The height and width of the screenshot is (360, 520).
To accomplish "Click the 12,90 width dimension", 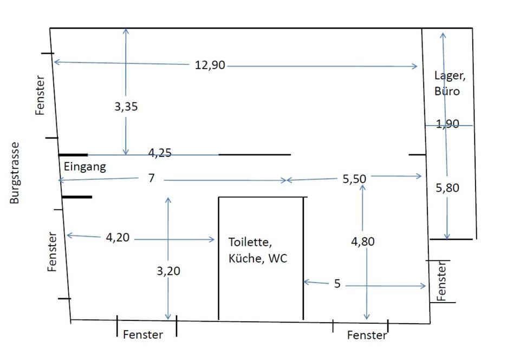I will click(210, 65).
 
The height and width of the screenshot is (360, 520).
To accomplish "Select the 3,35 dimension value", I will click(126, 107).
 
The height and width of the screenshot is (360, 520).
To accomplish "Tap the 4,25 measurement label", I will click(160, 153).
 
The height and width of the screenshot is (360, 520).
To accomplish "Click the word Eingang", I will click(85, 167).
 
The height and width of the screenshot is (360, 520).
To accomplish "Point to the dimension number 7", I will click(151, 178).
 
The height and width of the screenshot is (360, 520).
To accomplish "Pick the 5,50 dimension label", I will click(354, 178).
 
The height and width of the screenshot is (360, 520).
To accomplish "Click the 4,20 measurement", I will click(118, 237).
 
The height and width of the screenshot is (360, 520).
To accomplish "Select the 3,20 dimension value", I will click(168, 271).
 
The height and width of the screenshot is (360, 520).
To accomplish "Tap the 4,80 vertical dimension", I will click(362, 241).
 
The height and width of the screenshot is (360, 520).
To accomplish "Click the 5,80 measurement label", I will click(447, 188).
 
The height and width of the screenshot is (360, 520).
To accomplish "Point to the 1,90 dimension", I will click(447, 124).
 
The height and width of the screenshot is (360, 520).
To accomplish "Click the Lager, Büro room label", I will click(449, 83).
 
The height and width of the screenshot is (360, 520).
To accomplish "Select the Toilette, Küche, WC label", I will click(258, 250).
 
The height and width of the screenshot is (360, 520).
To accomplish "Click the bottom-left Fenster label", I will click(142, 335).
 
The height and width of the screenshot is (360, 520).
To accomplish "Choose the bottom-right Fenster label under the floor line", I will click(367, 336).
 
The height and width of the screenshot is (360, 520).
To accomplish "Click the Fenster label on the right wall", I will click(441, 282).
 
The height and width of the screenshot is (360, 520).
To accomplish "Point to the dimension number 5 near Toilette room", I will click(337, 284).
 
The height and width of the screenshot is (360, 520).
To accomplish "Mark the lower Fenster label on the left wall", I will click(52, 252).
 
